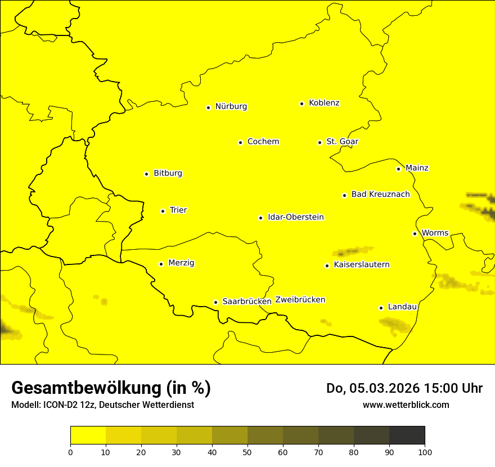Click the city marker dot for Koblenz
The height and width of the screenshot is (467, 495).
pyautogui.click(x=302, y=104)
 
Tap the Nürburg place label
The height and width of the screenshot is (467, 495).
pyautogui.click(x=231, y=106)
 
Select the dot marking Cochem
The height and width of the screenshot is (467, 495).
pyautogui.click(x=240, y=142)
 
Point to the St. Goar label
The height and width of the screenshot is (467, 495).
pyautogui.click(x=342, y=141)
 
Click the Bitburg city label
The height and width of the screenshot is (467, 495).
pyautogui.click(x=168, y=173)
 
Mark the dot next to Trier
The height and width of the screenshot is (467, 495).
pyautogui.click(x=163, y=211)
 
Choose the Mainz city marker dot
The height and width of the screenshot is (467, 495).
pyautogui.click(x=399, y=169)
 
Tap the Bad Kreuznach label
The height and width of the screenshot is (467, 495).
pyautogui.click(x=380, y=194)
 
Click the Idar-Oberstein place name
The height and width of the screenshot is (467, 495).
pyautogui.click(x=295, y=217)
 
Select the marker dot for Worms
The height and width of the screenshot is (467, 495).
pyautogui.click(x=415, y=234)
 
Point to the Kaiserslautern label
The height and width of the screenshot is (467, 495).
pyautogui.click(x=361, y=264)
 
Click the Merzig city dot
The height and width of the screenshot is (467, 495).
pyautogui.click(x=161, y=264)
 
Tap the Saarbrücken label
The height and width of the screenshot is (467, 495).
pyautogui.click(x=246, y=301)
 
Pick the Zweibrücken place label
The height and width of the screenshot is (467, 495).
pyautogui.click(x=300, y=300)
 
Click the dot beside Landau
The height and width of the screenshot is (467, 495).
pyautogui.click(x=381, y=308)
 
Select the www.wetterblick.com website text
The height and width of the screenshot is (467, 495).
pyautogui.click(x=406, y=405)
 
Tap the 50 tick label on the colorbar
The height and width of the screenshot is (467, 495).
pyautogui.click(x=247, y=452)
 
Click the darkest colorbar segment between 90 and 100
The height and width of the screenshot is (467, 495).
pyautogui.click(x=407, y=435)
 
